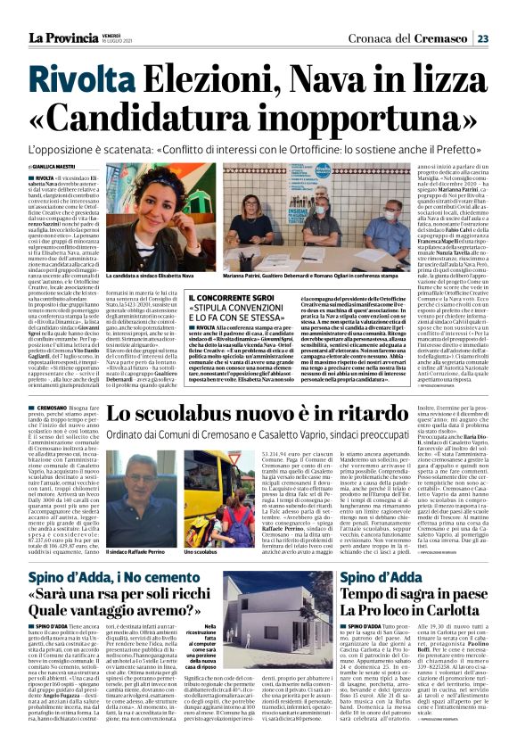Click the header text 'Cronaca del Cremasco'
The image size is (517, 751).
coord(423,38)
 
